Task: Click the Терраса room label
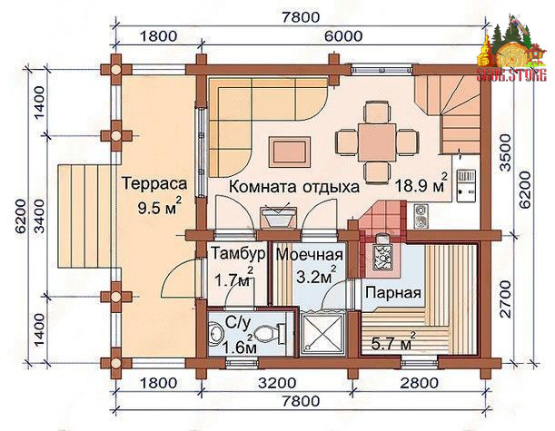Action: [x=154, y=184]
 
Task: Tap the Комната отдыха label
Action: [x=294, y=186]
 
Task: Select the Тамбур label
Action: [x=238, y=253]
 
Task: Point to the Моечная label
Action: [x=310, y=254]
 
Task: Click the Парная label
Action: [x=393, y=293]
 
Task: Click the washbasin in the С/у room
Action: [x=215, y=333]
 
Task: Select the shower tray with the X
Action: [x=322, y=332]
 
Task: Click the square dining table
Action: [x=377, y=142]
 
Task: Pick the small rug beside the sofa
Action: [x=291, y=152]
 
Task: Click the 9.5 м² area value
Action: [x=160, y=206]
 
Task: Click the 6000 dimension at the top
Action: [x=342, y=35]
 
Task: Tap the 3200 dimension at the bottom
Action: [x=277, y=383]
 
